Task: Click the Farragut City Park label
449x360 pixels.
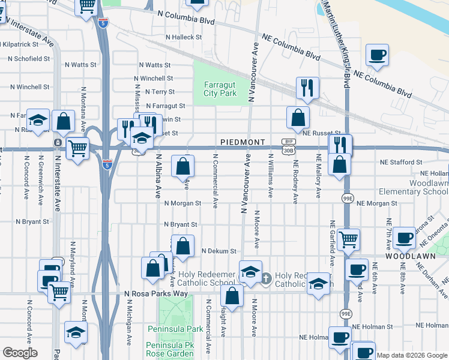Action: (x=220, y=89)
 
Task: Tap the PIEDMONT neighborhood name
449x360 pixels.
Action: (x=243, y=142)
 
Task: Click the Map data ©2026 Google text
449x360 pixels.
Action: (x=412, y=355)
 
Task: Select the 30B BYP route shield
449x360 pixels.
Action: (x=288, y=145)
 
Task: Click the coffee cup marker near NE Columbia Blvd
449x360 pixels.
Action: (x=377, y=56)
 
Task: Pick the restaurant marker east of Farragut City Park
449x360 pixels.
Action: (x=307, y=88)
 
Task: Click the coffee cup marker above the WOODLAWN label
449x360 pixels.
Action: (x=405, y=238)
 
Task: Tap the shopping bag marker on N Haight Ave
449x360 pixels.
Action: (x=232, y=295)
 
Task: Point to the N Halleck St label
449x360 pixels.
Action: (x=185, y=37)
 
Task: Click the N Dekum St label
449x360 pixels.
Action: (x=220, y=251)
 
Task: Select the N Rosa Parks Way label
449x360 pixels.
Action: (x=155, y=293)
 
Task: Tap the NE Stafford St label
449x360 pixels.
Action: (x=401, y=162)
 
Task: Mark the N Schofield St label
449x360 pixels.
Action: (x=29, y=59)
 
